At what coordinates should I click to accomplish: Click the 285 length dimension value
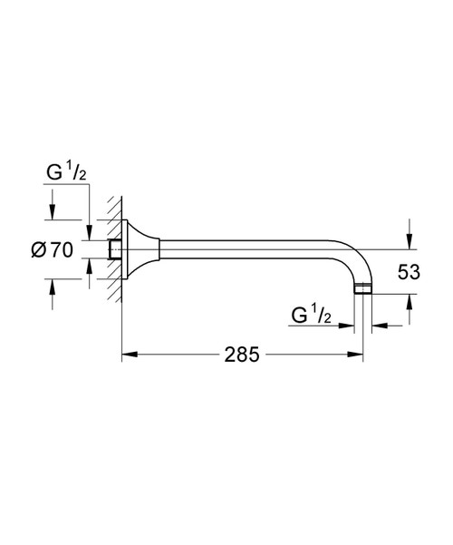coord(242,355)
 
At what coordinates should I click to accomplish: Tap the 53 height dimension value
coord(409,272)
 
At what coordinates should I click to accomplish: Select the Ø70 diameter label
coord(53,250)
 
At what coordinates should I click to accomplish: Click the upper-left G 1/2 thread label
coord(66,171)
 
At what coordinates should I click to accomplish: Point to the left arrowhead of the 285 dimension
coord(130,355)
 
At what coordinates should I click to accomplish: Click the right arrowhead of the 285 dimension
coord(355,355)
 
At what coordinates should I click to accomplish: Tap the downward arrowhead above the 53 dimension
coord(410,242)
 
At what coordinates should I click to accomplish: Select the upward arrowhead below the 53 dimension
coord(410,302)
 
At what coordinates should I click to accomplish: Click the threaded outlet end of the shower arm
coord(363,289)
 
